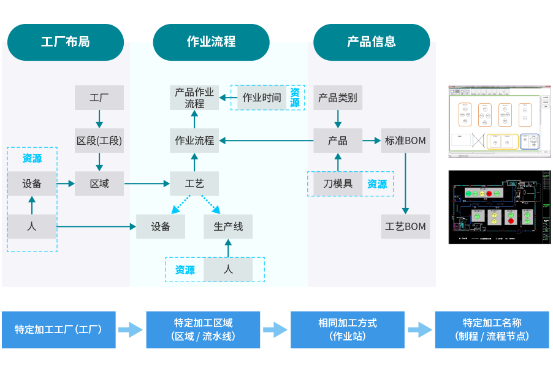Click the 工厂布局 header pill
pos(66,42)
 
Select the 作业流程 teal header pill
pos(211,42)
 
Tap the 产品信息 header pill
pos(372,42)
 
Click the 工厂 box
pos(99,98)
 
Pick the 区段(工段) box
pos(99,140)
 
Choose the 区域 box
pos(99,183)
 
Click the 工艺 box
pos(194,183)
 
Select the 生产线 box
pos(228,226)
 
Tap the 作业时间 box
pos(262,98)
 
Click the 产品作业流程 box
pos(194,98)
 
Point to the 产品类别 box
pos(338,98)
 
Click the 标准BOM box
pos(405,140)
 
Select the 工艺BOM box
pos(405,226)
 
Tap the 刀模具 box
pos(338,183)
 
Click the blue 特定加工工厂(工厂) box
pos(58,329)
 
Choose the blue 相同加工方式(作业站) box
pos(348,329)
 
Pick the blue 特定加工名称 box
pos(492,329)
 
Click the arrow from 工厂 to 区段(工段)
pos(99,119)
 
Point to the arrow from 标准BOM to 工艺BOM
pos(405,183)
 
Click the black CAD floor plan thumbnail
pos(500,207)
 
